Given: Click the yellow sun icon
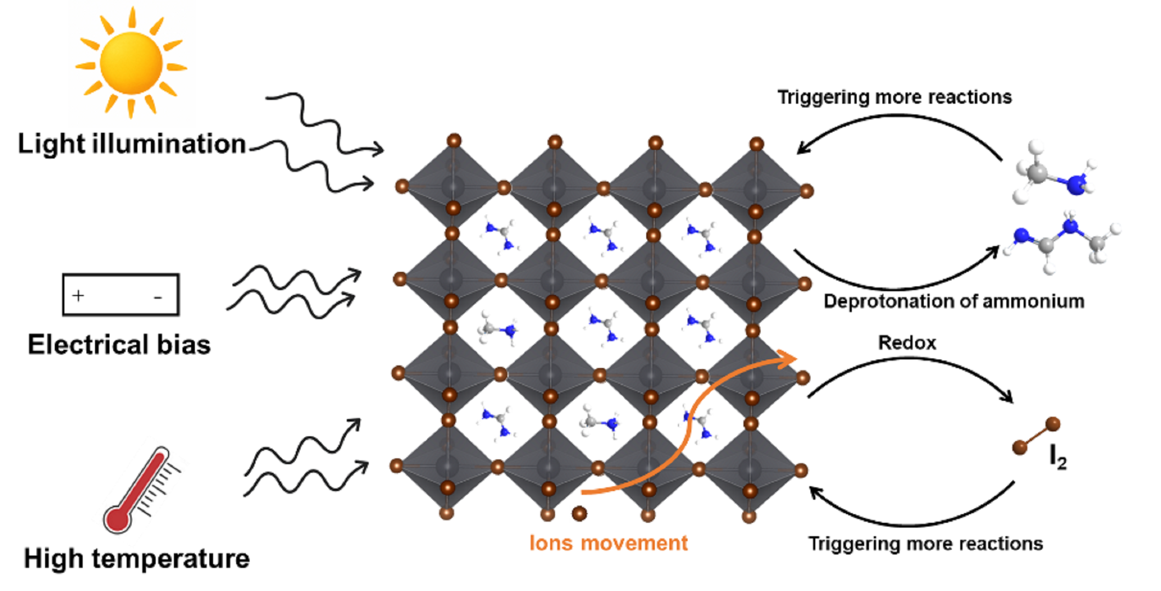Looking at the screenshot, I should pos(131,63).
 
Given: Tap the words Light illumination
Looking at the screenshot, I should pos(132,144).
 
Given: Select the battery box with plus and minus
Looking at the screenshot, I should pos(121,294).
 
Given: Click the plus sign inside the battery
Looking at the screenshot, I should pos(78,295).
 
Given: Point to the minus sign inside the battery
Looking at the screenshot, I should pos(158,297).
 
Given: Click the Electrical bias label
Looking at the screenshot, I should pos(119,344).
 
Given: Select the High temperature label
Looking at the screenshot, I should pos(137,559).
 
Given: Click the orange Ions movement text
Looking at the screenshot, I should pos(608,543).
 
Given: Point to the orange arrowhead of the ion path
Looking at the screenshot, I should pos(789,358).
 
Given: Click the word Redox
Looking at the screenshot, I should pos(907,343).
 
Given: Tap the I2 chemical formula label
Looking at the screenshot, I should pos(1057,458).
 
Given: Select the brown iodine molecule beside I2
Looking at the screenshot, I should pos(1036,436).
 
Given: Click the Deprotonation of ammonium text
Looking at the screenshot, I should pos(954,301).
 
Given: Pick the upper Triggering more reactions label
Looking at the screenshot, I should pos(894,97).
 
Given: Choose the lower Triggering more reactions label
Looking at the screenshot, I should pos(925,544).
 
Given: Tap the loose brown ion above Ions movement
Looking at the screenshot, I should pos(579,513).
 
